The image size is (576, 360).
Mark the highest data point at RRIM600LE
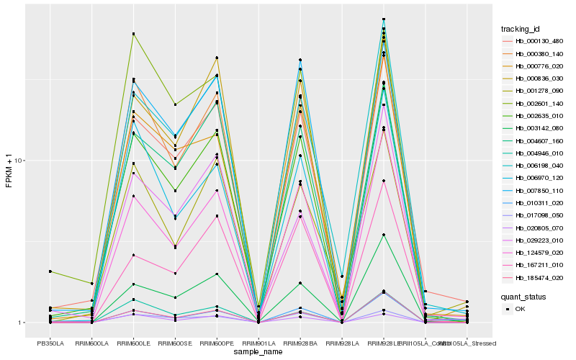[x=133, y=34]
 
